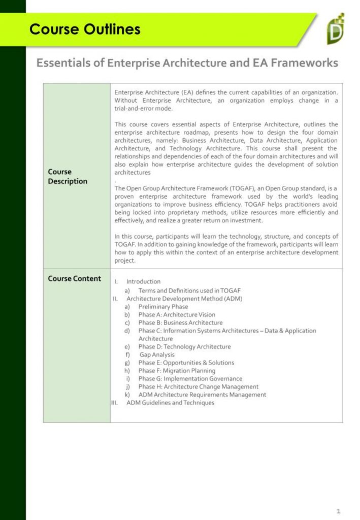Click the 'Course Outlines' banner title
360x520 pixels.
(85, 29)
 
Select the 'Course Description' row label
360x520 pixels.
(68, 176)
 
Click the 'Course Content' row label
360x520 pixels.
(74, 278)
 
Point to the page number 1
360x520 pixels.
(338, 510)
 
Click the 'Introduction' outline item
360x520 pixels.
(143, 281)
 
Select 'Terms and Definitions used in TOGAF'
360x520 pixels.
(189, 290)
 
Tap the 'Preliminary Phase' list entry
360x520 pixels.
(163, 307)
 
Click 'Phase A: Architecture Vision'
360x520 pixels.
(177, 315)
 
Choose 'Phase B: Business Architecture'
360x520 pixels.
(180, 322)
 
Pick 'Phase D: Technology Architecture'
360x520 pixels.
(184, 347)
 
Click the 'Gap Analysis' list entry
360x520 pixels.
(157, 355)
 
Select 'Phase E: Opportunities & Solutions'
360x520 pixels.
(186, 363)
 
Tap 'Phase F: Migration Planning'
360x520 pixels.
(177, 371)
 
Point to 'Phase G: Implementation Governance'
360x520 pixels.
(190, 379)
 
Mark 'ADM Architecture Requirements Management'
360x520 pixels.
(202, 395)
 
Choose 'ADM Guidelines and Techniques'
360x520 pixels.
(170, 403)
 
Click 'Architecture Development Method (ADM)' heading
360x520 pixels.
(184, 299)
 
